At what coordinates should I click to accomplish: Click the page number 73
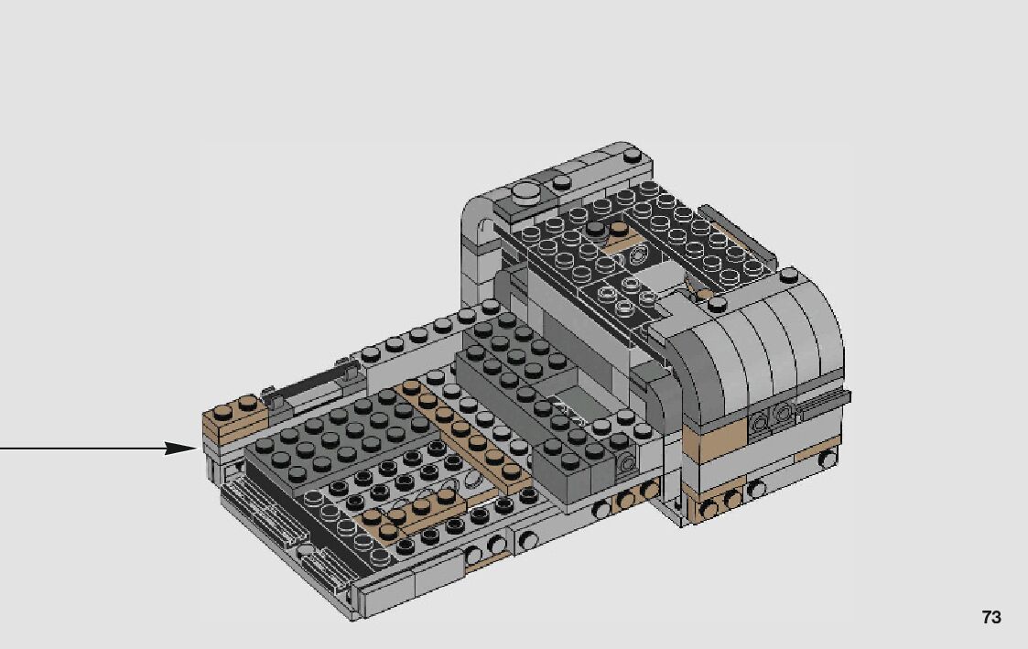[991, 617]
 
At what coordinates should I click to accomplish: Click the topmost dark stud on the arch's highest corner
[632, 156]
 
